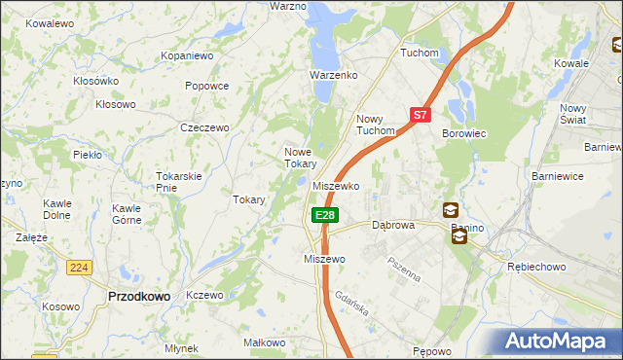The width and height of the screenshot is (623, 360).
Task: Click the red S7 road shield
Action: tap(420, 115)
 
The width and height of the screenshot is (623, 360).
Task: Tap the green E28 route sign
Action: tap(325, 215)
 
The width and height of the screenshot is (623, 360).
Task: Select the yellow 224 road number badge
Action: tap(79, 267)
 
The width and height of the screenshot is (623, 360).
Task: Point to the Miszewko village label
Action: tap(337, 185)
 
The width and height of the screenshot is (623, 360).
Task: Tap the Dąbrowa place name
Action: tap(393, 225)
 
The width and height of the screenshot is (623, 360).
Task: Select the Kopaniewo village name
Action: tap(187, 56)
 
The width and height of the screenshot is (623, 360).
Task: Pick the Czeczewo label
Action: tap(204, 127)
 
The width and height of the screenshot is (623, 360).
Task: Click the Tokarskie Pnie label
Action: tap(179, 181)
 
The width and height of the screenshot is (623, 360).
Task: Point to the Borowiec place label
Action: tap(464, 132)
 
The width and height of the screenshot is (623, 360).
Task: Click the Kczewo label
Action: tap(204, 295)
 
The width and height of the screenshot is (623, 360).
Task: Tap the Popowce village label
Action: tap(206, 86)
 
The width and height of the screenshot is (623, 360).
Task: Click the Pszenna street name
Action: tap(404, 268)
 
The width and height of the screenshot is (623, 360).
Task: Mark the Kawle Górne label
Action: tap(127, 214)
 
